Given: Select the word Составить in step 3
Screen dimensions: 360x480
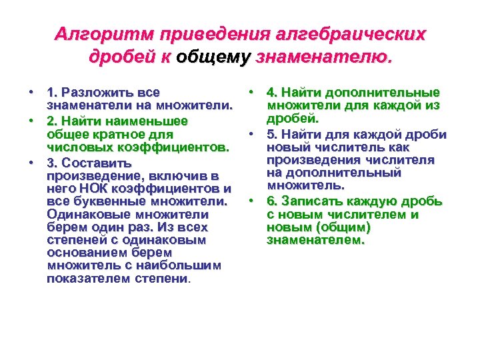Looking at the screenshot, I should click(x=99, y=162).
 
